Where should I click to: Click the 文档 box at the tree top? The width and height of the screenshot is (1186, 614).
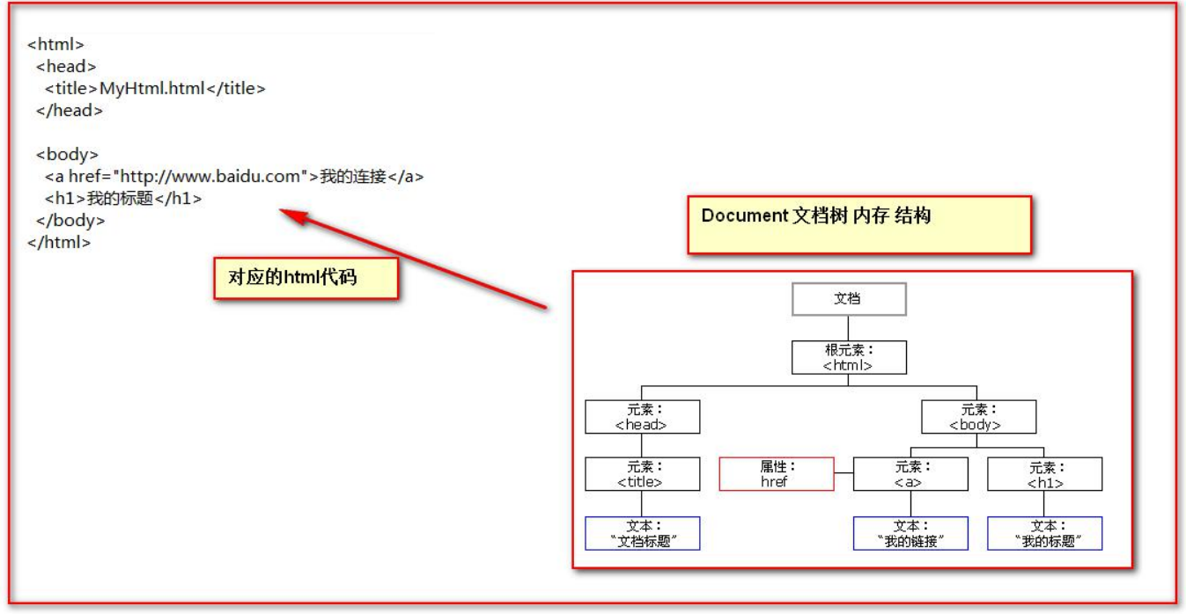click(x=849, y=299)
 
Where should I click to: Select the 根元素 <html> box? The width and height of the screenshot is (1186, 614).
click(x=849, y=358)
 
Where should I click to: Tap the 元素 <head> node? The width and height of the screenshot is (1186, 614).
click(x=642, y=417)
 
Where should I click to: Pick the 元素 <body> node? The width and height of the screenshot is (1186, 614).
click(x=978, y=417)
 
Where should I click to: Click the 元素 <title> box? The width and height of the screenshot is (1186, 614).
click(x=642, y=474)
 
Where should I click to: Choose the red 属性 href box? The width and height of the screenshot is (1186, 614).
click(x=776, y=474)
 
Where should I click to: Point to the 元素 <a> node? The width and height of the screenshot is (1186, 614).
click(x=910, y=474)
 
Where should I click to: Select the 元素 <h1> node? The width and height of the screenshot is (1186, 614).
click(x=1044, y=474)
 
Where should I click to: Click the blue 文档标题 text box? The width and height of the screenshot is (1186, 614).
click(x=642, y=533)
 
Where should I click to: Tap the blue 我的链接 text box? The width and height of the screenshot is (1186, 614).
click(x=910, y=533)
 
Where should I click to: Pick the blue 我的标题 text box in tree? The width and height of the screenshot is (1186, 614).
click(x=1044, y=533)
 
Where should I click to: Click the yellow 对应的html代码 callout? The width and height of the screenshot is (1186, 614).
click(x=306, y=277)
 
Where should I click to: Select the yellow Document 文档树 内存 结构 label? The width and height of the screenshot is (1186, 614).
click(x=858, y=224)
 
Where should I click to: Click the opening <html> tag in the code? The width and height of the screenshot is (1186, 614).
click(x=56, y=44)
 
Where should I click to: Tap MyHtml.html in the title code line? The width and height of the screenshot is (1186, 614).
click(x=151, y=88)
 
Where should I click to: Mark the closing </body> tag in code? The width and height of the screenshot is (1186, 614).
click(x=70, y=221)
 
